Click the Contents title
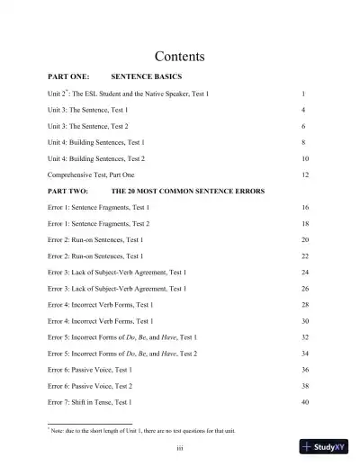[180, 57]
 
